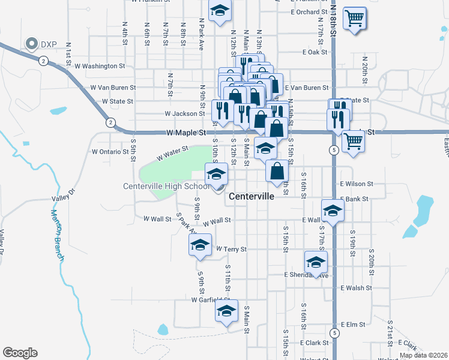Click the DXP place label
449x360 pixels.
click(48, 43)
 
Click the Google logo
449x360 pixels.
click(20, 353)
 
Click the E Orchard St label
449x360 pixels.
click(309, 11)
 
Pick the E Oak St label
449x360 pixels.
click(315, 52)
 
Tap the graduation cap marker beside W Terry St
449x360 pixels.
click(200, 245)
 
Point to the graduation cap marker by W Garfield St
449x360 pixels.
click(226, 311)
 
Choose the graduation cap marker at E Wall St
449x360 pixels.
click(333, 210)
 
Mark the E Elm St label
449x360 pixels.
click(353, 324)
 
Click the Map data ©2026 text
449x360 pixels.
click(423, 355)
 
